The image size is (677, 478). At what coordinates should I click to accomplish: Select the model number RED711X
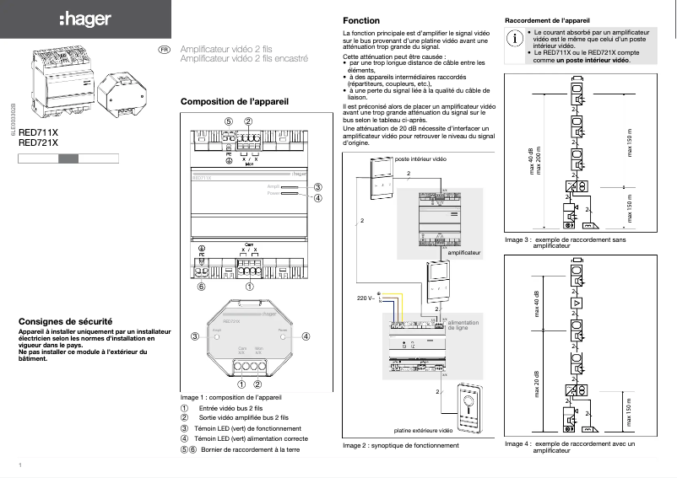38,133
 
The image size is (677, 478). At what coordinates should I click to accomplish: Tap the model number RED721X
38,142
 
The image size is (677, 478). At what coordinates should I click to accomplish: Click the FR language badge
165,51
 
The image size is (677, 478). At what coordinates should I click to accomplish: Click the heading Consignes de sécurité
66,321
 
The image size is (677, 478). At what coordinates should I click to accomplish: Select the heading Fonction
361,20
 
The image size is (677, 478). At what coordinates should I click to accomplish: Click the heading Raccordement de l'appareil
547,19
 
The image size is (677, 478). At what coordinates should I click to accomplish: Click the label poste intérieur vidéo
420,158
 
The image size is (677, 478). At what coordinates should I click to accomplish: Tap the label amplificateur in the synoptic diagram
463,252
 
